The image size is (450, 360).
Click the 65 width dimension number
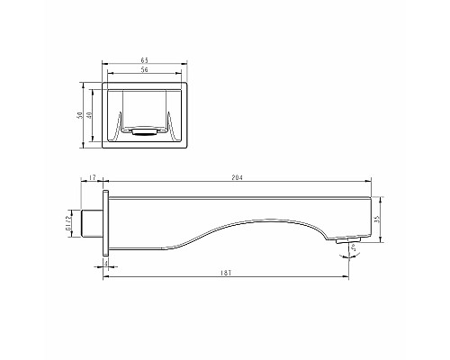click(145, 60)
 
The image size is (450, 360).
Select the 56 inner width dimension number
click(145, 70)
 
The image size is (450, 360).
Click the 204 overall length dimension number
click(238, 178)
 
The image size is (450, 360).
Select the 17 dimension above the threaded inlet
click(94, 178)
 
